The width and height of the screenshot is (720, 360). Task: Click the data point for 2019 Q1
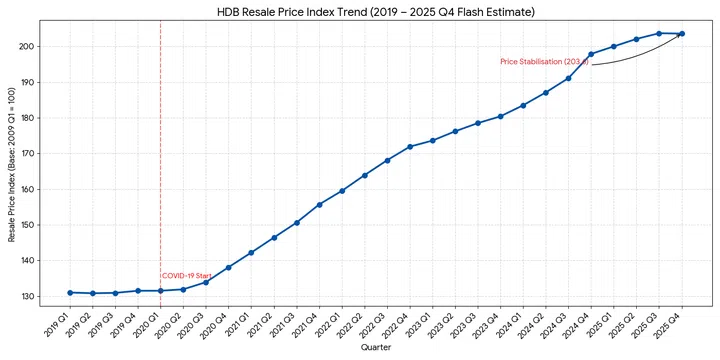[x=70, y=292]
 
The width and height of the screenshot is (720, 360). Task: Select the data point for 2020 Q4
[x=228, y=267]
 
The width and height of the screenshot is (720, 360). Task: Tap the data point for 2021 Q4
[x=319, y=204]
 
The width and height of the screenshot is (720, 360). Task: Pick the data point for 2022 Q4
[x=410, y=146]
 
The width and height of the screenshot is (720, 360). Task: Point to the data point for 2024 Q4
[x=591, y=54]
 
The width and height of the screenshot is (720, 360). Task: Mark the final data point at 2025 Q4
[x=682, y=33]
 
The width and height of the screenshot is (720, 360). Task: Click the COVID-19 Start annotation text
[x=187, y=275]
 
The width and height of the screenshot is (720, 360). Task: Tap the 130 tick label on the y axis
[x=32, y=296]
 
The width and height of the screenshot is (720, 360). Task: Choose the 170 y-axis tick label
[x=32, y=153]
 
